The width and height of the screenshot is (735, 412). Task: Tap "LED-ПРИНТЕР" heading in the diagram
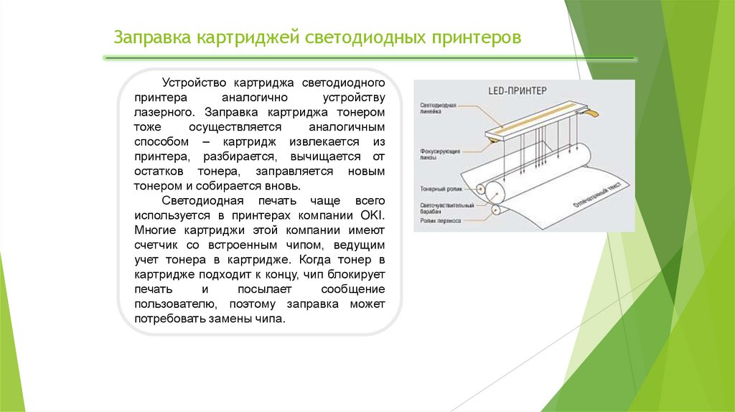point(518,91)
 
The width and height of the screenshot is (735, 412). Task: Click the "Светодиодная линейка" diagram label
point(438,108)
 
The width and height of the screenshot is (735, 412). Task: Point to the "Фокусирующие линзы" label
point(440,154)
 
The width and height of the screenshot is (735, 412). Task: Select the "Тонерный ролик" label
point(439,189)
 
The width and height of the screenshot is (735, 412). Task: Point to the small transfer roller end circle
point(496,210)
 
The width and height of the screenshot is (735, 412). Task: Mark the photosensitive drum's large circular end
point(495,192)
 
